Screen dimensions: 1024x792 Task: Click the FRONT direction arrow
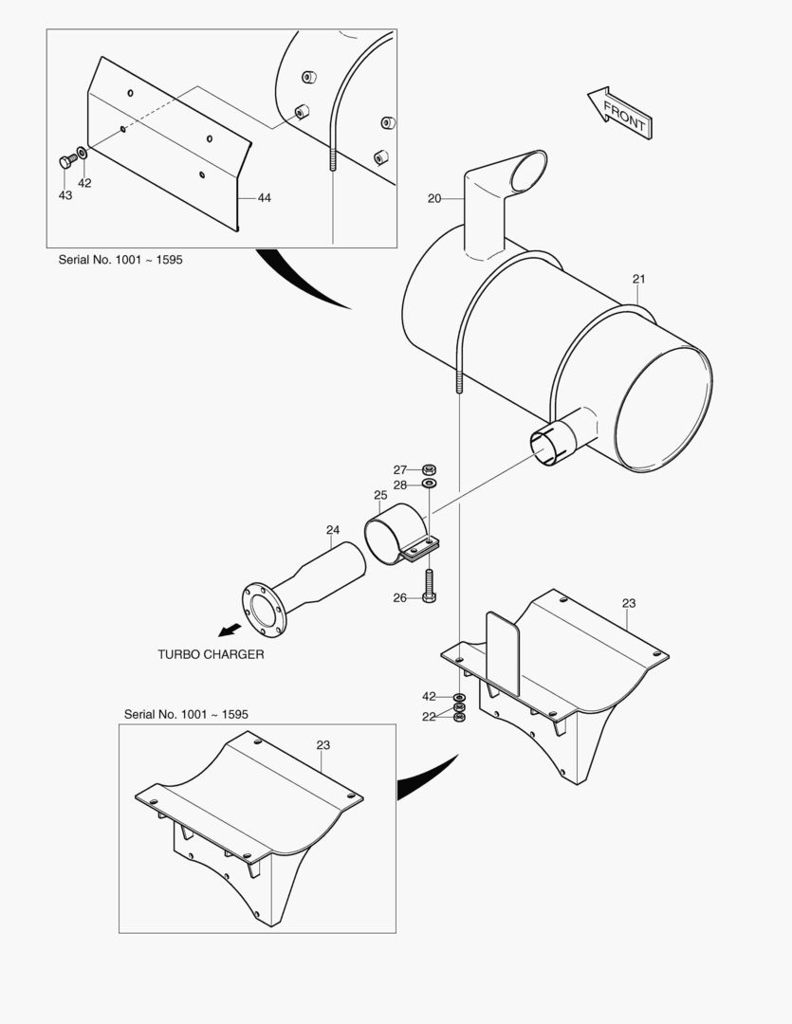(x=618, y=114)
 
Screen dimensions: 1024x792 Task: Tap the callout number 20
(x=434, y=198)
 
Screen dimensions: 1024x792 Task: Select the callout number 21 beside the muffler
(x=638, y=279)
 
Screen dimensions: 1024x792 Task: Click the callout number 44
(x=264, y=197)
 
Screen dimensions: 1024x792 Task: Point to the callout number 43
(x=64, y=194)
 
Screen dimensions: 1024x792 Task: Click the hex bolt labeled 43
(x=66, y=162)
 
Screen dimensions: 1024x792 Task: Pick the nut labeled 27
(x=429, y=469)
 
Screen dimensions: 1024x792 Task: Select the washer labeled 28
(x=429, y=485)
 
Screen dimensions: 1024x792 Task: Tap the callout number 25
(x=380, y=495)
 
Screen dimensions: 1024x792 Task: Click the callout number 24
(x=332, y=529)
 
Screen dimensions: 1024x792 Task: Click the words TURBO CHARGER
(x=211, y=654)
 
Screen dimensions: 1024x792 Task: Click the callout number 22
(x=429, y=717)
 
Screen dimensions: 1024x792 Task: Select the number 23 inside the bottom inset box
(x=323, y=745)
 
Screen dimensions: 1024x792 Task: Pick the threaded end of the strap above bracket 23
(x=458, y=384)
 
